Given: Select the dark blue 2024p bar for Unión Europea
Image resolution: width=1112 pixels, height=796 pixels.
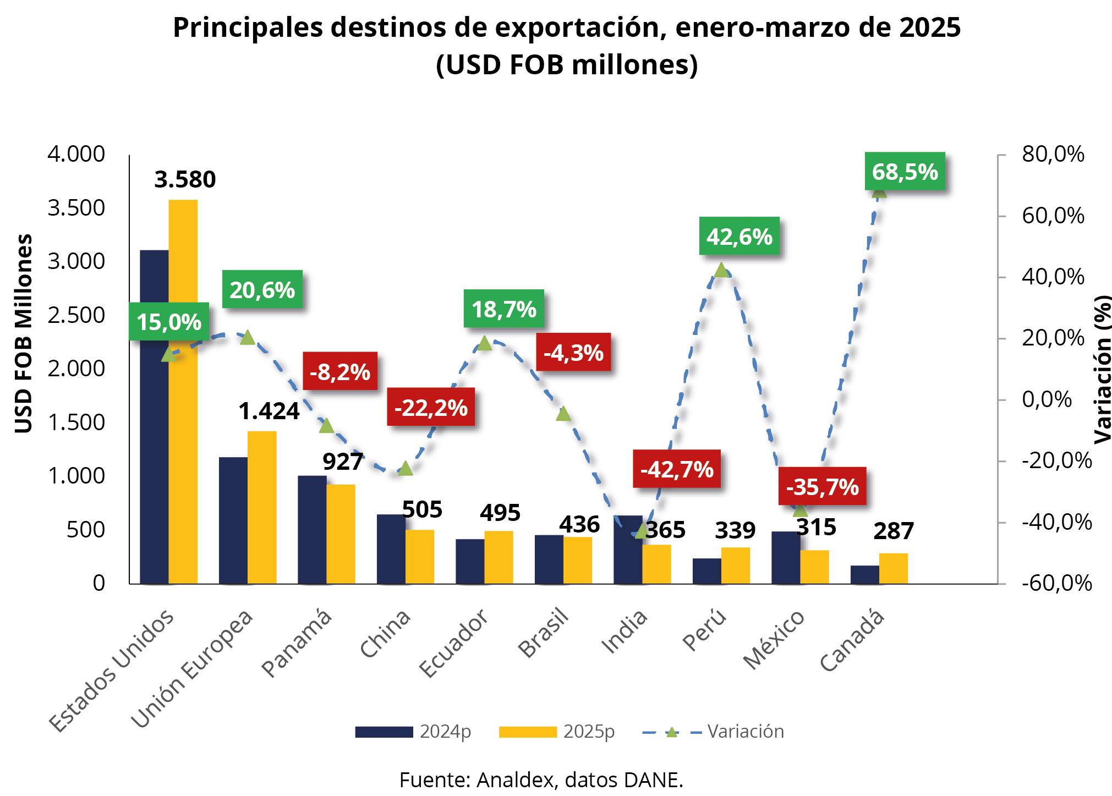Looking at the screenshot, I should coord(233,520).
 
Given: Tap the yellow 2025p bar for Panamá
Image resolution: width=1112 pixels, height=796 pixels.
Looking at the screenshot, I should coord(341,534).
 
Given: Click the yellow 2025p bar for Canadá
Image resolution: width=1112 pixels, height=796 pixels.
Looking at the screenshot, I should coord(894,568).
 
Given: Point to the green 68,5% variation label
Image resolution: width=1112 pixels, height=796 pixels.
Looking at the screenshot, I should coord(905,172).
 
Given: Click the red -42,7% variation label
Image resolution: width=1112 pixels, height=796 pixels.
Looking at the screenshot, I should coord(677,469).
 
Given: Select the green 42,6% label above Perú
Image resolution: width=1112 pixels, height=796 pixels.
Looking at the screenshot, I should coord(739,237).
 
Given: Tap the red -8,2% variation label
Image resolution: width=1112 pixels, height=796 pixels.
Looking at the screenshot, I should coord(340,372).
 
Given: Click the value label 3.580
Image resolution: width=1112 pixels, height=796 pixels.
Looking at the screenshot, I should coord(185,180).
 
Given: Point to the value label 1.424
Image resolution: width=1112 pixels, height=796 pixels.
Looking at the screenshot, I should coord(269,411).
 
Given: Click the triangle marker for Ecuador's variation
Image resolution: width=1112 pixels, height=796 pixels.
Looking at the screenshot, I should coord(484,343).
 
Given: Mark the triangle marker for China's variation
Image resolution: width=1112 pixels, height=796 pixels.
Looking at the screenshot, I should coord(406,468).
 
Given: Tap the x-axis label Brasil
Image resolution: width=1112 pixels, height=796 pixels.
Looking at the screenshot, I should coord(544,633).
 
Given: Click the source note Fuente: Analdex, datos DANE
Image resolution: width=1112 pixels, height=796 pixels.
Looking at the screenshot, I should coord(541,780).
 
